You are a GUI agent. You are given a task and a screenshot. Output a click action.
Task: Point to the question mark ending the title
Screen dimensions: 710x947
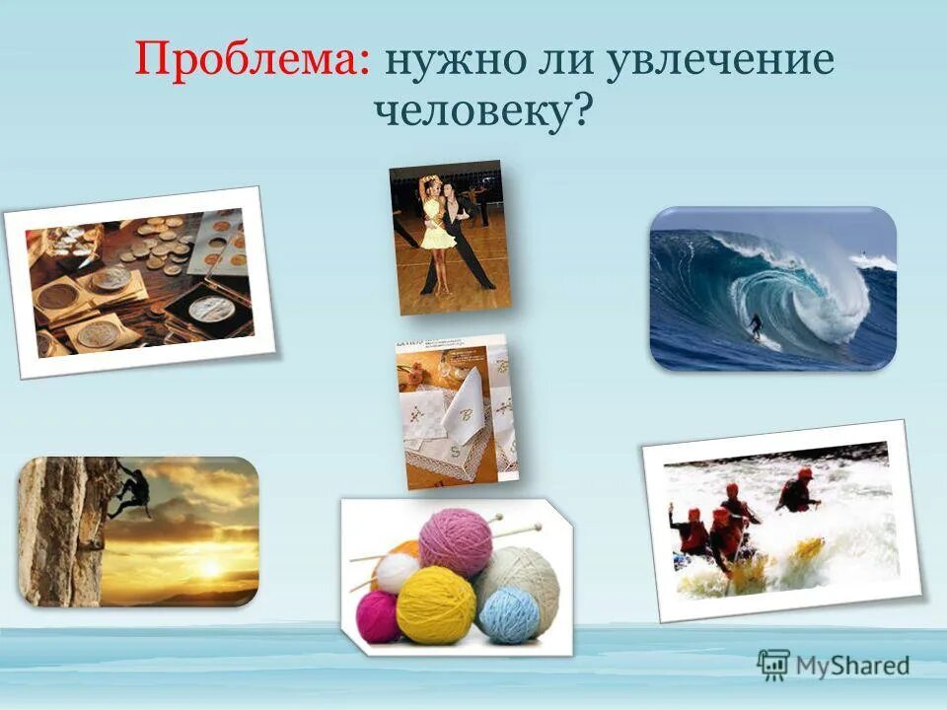583,110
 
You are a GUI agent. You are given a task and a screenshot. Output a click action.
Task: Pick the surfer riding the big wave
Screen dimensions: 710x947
756,326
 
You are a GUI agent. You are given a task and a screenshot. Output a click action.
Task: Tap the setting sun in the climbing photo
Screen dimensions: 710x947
209,569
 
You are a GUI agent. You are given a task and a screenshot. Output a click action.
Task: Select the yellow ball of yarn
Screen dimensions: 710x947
435,603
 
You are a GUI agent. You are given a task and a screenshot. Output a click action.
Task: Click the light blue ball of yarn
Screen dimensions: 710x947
511,614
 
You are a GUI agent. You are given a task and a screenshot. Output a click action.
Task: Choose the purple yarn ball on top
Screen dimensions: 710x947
455,541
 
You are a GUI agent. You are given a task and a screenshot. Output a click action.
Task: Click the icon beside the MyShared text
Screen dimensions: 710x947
772,664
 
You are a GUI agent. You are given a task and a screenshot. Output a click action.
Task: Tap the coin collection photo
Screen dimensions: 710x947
138,283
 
